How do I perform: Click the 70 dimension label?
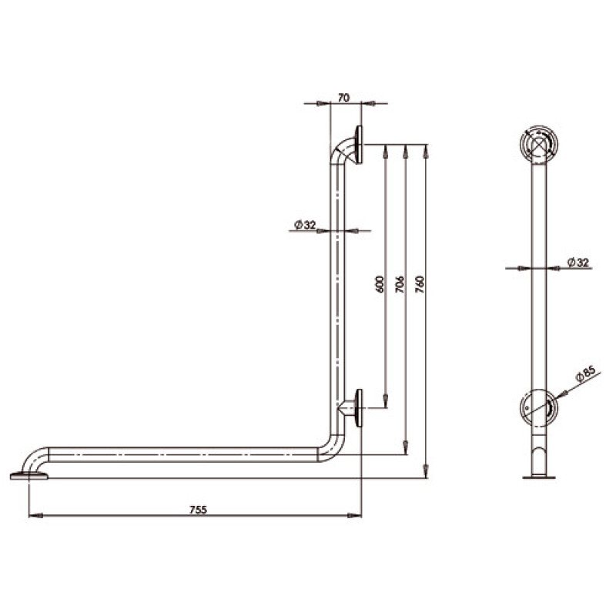[x=343, y=98]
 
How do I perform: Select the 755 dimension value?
[x=198, y=510]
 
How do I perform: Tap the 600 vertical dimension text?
[x=380, y=284]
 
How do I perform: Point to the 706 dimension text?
[x=400, y=284]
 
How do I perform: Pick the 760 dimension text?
[x=420, y=284]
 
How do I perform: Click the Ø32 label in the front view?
[x=305, y=225]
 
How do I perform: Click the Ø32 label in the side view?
[x=578, y=262]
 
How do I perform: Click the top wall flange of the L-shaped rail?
[x=359, y=145]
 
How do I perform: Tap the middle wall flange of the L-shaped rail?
[x=359, y=408]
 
